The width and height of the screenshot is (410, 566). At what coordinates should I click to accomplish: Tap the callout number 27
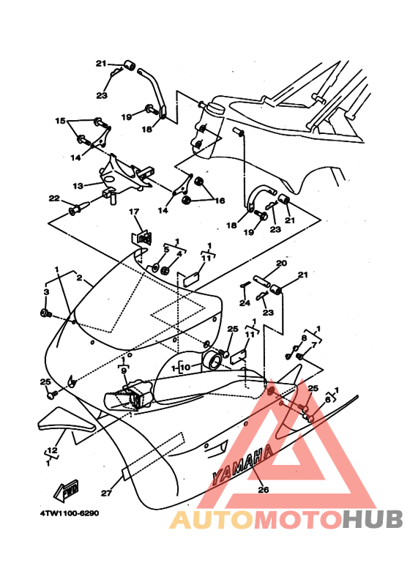[105, 493]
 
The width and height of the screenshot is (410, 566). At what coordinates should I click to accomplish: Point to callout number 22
[53, 198]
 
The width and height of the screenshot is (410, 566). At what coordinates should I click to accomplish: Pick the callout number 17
[134, 212]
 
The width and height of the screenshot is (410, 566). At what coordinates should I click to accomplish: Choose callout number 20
[281, 264]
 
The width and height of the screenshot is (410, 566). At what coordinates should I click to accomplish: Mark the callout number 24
[245, 302]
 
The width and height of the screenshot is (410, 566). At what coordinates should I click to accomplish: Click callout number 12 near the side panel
[52, 450]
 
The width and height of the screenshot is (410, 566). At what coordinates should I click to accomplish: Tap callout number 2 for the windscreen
[79, 279]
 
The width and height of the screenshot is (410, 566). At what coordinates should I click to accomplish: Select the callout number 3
[45, 292]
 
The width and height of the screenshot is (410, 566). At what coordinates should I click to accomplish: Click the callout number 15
[60, 119]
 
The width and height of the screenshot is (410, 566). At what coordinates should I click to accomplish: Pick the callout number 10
[185, 367]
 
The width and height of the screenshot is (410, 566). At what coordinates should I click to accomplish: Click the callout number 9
[124, 370]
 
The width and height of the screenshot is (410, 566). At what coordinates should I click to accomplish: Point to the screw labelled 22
[75, 210]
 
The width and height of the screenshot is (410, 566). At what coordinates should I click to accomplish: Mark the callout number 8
[305, 338]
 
